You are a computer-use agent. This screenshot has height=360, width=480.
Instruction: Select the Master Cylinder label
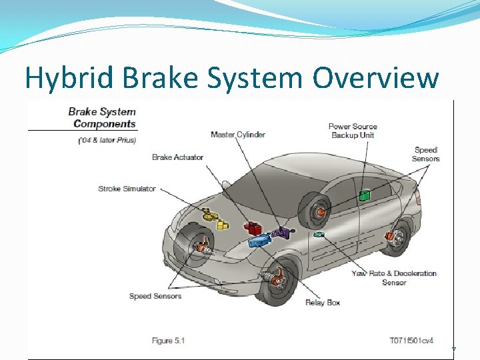point(237,135)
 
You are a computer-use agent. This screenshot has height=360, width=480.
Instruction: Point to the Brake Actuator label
point(177,157)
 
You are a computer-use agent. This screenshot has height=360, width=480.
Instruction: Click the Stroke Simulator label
point(127,189)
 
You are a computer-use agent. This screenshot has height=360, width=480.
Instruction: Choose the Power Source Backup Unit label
point(353,131)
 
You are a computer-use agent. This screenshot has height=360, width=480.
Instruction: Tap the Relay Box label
point(323,303)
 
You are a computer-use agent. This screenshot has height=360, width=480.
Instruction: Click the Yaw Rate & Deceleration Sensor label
point(394,277)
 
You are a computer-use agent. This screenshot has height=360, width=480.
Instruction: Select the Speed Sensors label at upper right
point(426,154)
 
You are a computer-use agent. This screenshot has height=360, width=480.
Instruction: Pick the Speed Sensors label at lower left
point(155,296)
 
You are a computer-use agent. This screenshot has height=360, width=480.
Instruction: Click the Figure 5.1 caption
point(168,341)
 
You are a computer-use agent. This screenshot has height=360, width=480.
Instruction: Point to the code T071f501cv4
point(411,341)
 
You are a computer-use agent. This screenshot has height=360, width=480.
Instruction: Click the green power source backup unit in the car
point(364,195)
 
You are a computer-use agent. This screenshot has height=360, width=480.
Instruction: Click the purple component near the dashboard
point(284,233)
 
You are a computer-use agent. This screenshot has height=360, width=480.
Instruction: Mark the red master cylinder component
point(253,228)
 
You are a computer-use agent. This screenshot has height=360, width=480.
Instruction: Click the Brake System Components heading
point(102,117)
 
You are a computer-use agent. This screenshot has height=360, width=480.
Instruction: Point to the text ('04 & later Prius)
point(107,140)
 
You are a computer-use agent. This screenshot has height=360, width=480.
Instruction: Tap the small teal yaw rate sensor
point(319,235)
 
